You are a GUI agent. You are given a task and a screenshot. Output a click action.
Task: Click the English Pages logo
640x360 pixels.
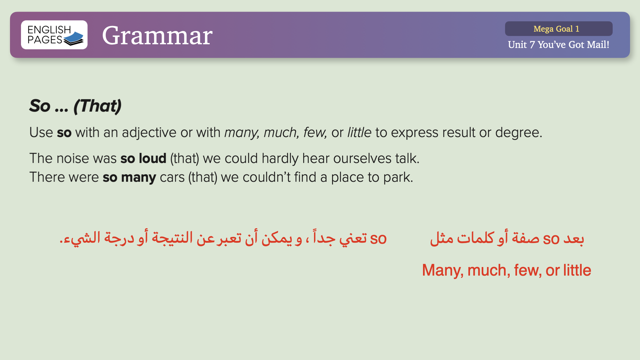point(54,35)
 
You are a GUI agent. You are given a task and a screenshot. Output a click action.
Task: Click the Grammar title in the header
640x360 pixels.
point(157,35)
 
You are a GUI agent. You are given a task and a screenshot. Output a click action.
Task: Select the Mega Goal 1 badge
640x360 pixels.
point(559,29)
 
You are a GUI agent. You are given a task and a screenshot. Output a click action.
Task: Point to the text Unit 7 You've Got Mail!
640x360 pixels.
point(559,45)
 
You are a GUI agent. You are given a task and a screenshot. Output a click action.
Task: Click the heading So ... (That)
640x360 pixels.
point(75,106)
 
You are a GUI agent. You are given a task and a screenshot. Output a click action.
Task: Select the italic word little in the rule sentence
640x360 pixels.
point(359,132)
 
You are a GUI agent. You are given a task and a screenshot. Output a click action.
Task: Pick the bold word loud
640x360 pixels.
point(152,158)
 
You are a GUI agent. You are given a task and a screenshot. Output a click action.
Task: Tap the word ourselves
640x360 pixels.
point(362,159)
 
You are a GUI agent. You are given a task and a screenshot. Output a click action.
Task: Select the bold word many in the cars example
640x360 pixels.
point(138,178)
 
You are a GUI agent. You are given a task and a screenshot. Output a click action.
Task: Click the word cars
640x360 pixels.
point(172,178)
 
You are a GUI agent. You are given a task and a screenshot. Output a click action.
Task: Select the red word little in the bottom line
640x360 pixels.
point(577,270)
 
